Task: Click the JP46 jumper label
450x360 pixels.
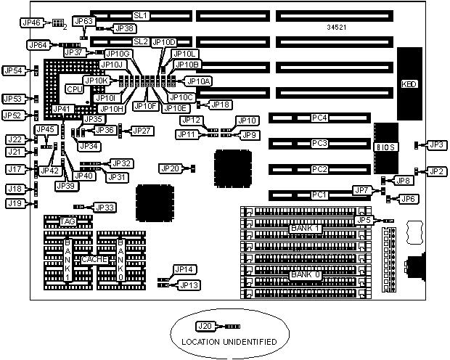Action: tap(32, 23)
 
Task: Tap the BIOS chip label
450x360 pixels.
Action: tap(385, 147)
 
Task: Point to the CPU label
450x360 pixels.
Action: tap(73, 89)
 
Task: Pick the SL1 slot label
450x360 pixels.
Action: tap(140, 15)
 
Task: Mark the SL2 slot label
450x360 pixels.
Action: tap(140, 41)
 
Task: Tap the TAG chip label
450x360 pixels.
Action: tap(67, 221)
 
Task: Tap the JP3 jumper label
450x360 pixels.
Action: tap(436, 145)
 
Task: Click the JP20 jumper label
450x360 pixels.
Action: tap(169, 168)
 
